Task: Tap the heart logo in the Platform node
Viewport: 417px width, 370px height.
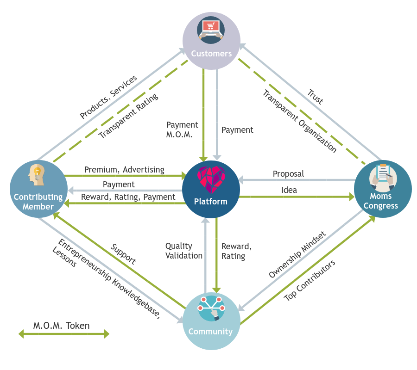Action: (211, 180)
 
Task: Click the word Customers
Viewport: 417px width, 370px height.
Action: (211, 54)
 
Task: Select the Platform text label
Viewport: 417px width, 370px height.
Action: (211, 202)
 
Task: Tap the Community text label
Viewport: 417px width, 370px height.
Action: (210, 332)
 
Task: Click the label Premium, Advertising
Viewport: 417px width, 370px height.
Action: (124, 170)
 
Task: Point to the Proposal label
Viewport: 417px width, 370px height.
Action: (288, 174)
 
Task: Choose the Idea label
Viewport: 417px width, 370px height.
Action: (289, 190)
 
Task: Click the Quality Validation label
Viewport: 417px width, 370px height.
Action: (184, 251)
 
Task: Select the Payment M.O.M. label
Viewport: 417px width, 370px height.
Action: (182, 129)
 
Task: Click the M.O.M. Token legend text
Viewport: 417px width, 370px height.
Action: (61, 326)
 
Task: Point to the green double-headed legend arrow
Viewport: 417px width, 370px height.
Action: (63, 334)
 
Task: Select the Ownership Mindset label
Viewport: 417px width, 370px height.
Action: (297, 255)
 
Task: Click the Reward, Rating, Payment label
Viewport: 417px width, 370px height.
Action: (128, 197)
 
